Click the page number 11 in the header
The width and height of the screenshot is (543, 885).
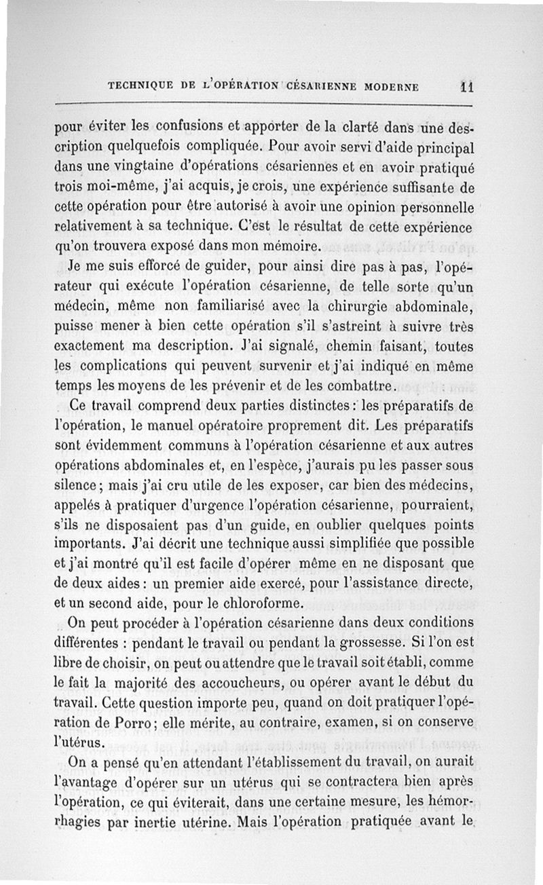tap(466, 86)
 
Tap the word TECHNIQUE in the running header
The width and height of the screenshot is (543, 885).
tap(137, 87)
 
